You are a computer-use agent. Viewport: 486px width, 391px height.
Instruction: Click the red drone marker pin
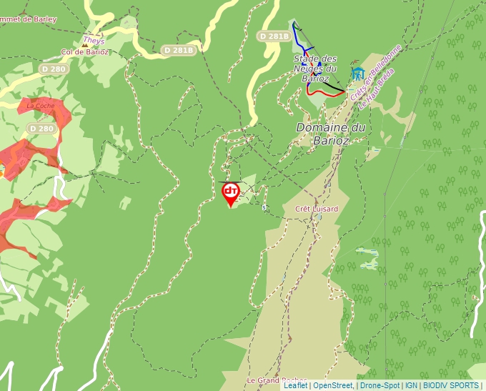[x=231, y=192]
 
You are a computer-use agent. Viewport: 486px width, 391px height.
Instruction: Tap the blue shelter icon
[x=357, y=73]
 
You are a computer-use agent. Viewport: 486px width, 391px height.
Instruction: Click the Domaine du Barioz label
[x=331, y=134]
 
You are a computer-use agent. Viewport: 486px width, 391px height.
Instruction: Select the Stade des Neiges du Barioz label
[x=315, y=68]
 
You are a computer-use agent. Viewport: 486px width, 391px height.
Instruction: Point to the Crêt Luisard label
[x=316, y=209]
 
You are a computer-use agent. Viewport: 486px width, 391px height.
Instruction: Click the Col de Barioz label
[x=85, y=51]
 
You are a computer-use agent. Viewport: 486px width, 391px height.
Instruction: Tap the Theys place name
[x=94, y=41]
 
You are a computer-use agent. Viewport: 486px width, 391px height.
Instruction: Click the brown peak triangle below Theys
[x=85, y=45]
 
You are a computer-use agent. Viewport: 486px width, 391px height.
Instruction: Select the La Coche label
[x=41, y=105]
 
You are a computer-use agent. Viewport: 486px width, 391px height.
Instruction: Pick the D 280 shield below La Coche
[x=41, y=128]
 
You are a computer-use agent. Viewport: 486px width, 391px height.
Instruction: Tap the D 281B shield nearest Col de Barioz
[x=178, y=50]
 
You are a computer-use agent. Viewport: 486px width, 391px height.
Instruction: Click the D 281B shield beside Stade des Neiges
[x=274, y=36]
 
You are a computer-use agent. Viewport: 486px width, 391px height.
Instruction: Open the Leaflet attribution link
[x=295, y=385]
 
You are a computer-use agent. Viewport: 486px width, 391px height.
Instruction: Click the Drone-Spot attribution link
[x=380, y=385]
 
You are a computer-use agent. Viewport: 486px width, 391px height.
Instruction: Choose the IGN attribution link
[x=411, y=385]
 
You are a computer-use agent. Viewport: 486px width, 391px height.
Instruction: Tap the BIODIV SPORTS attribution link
[x=450, y=385]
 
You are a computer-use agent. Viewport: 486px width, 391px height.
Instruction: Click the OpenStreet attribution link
[x=333, y=385]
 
